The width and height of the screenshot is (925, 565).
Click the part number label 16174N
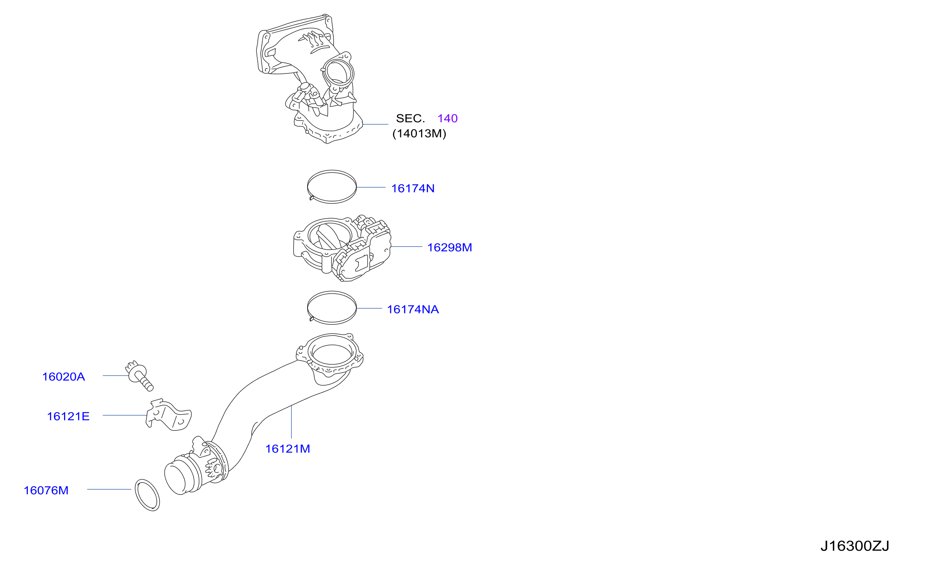tap(413, 188)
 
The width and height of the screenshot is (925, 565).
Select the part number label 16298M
tap(449, 247)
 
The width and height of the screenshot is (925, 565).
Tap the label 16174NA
tap(413, 310)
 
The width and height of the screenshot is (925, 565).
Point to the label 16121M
tap(287, 449)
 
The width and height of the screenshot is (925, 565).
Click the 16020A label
tap(63, 377)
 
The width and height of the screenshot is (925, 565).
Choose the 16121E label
tap(68, 417)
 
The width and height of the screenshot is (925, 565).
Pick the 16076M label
tap(46, 490)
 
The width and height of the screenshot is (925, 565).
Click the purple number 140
tap(447, 118)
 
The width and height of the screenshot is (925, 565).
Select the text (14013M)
tap(419, 134)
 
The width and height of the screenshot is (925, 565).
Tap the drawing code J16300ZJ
tap(854, 546)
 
